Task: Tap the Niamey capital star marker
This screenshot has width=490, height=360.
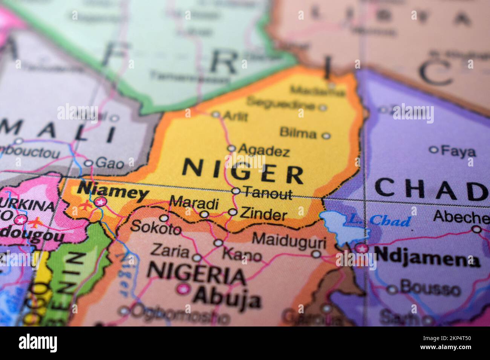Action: point(100,202)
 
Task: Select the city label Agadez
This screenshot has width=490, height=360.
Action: point(264,151)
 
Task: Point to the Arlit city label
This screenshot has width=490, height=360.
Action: point(235,116)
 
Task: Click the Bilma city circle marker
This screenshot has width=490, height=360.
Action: point(326,136)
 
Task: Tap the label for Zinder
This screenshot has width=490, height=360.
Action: point(263,215)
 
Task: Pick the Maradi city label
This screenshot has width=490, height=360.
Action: point(194,203)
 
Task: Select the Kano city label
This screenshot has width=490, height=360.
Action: point(242,255)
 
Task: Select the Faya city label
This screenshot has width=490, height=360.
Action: point(458,152)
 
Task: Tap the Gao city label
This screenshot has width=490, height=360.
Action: point(109,163)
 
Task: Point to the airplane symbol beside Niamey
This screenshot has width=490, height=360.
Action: point(86,206)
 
